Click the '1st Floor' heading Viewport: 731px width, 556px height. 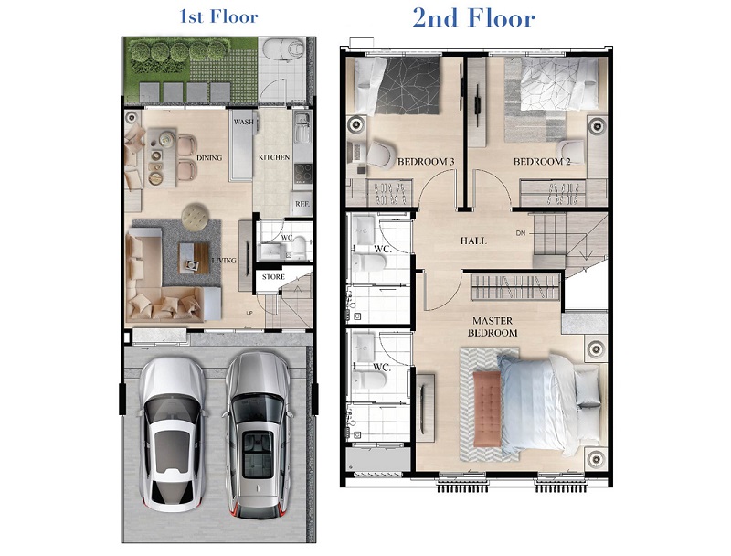tap(218, 16)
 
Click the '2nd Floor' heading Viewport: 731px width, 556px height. tap(473, 18)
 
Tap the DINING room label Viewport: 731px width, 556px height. tap(209, 157)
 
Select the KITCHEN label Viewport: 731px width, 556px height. tap(274, 157)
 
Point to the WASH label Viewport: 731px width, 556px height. tap(244, 122)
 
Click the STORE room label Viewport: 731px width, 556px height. tap(273, 276)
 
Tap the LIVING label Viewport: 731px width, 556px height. tap(224, 261)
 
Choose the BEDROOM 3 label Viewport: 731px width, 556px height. tap(426, 162)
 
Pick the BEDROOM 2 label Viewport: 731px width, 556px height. tap(542, 162)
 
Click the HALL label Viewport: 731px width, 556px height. tap(473, 241)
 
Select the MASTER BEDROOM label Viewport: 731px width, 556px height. tap(493, 326)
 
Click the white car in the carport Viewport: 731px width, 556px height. tap(172, 434)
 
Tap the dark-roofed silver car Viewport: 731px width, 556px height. tap(257, 435)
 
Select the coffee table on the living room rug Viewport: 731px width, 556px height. tap(194, 258)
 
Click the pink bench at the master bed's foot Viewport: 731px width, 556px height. tap(487, 409)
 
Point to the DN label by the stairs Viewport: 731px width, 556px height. tap(520, 233)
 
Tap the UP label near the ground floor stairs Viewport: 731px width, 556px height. tap(249, 313)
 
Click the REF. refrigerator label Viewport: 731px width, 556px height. tap(302, 204)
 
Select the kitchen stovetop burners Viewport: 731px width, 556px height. tap(303, 174)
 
